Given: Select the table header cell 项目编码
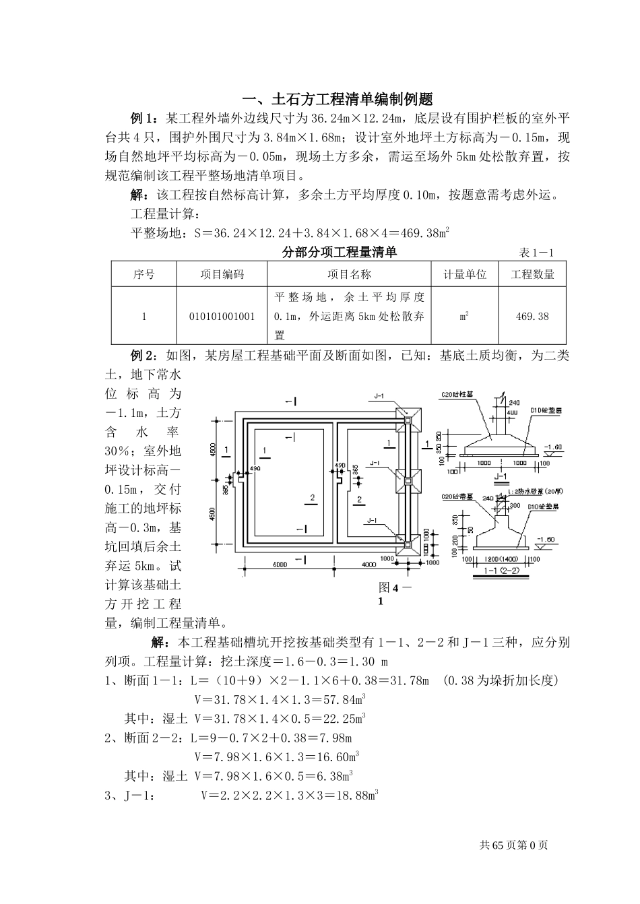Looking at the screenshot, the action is [222, 274].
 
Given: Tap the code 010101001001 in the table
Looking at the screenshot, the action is [222, 316].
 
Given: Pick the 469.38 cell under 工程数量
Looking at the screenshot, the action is [532, 316].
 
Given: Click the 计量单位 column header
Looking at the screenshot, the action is [465, 274].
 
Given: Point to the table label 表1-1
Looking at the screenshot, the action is [536, 253].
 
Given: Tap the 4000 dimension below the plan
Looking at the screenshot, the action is [369, 564].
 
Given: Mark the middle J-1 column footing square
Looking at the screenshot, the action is [408, 480].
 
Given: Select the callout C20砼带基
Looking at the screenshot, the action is [457, 496].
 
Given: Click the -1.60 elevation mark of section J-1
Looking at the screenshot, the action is [553, 447].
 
